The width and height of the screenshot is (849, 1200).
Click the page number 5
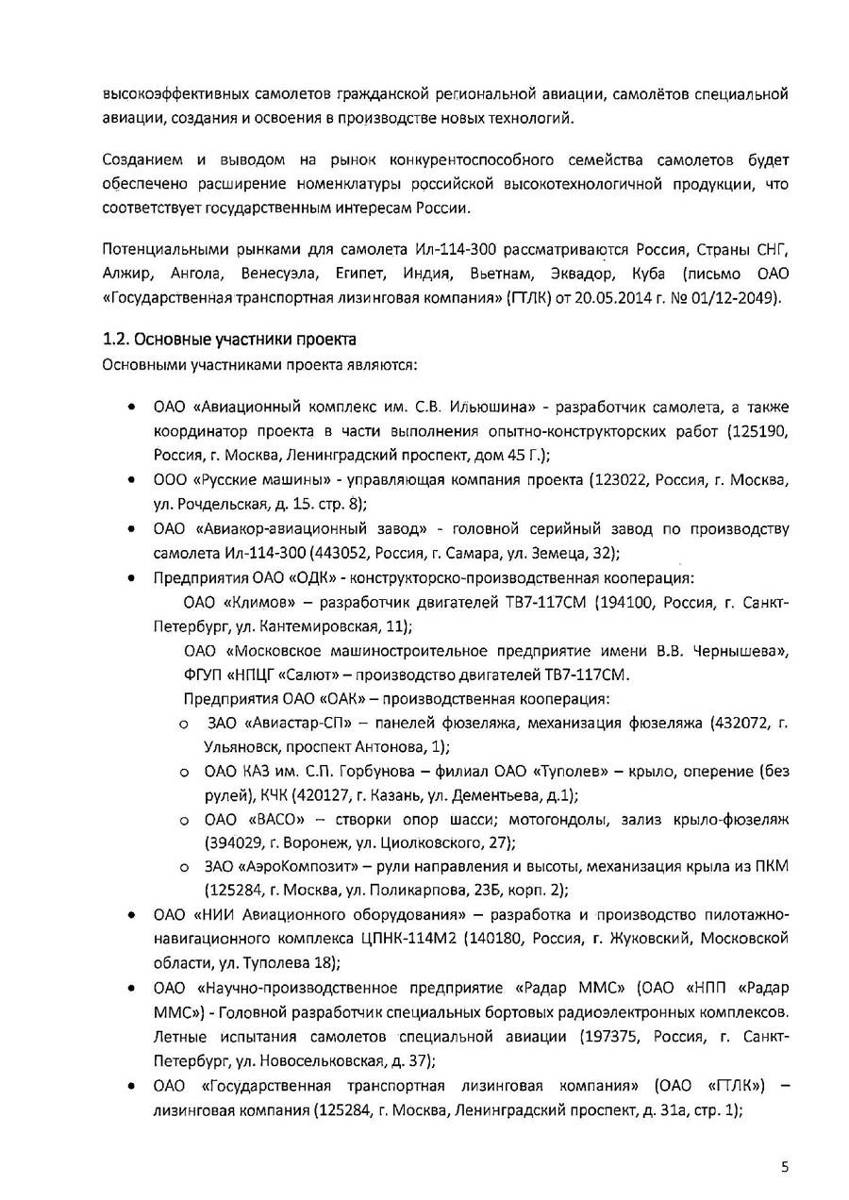[x=785, y=1165]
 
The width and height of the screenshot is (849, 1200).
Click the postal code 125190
[x=760, y=431]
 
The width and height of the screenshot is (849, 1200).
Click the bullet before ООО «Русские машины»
[x=129, y=479]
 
